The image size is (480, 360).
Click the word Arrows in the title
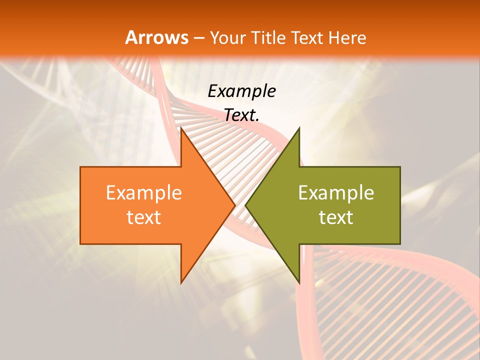click(156, 37)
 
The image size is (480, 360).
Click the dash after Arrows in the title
click(198, 38)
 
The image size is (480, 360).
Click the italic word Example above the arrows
click(241, 91)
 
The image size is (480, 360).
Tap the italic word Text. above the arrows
click(241, 115)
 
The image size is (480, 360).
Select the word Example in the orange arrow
click(144, 193)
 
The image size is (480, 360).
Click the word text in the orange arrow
click(144, 217)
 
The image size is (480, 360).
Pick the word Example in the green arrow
click(336, 193)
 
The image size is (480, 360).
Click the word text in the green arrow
click(336, 217)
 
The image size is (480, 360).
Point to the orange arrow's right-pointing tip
click(235, 205)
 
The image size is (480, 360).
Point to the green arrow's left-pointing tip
click(245, 205)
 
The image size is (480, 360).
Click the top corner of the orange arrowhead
click(181, 128)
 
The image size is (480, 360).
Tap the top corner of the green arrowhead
click(299, 128)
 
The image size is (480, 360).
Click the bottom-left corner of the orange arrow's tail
click(80, 244)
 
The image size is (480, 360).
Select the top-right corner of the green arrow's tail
click(400, 167)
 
